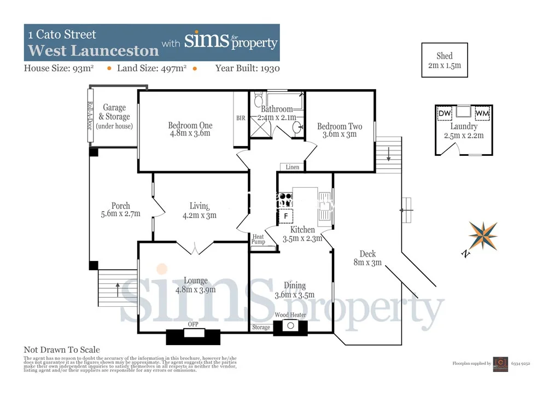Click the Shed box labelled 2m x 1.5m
pyautogui.click(x=445, y=60)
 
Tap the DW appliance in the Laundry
pyautogui.click(x=445, y=113)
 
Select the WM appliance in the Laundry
pyautogui.click(x=482, y=113)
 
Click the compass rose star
pyautogui.click(x=483, y=235)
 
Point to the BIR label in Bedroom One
pyautogui.click(x=241, y=118)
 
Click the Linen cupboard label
pyautogui.click(x=293, y=167)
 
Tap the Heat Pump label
pyautogui.click(x=258, y=240)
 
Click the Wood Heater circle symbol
pyautogui.click(x=290, y=327)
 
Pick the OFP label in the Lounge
pyautogui.click(x=193, y=324)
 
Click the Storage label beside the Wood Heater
pyautogui.click(x=261, y=327)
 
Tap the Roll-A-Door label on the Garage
pyautogui.click(x=90, y=115)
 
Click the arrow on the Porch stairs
pyautogui.click(x=118, y=285)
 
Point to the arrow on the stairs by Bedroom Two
pyautogui.click(x=388, y=156)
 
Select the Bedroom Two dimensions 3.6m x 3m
pyautogui.click(x=340, y=135)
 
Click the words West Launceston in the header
pyautogui.click(x=94, y=51)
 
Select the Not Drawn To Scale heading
pyautogui.click(x=62, y=350)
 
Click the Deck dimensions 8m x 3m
pyautogui.click(x=367, y=263)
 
